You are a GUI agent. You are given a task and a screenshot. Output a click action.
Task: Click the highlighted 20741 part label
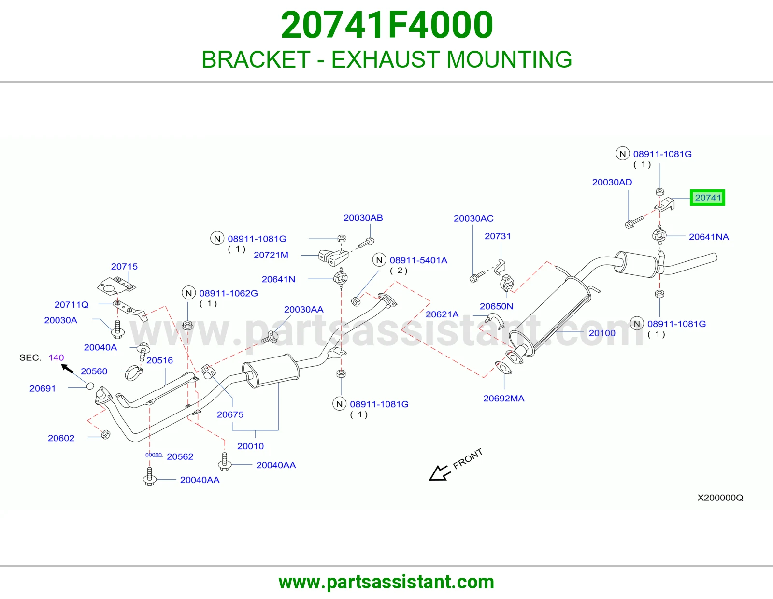[x=707, y=198]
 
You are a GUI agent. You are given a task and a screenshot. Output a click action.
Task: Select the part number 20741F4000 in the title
[x=386, y=25]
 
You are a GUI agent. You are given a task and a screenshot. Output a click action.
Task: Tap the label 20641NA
[x=709, y=237]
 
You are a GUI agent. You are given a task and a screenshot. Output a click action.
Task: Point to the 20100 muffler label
[x=602, y=333]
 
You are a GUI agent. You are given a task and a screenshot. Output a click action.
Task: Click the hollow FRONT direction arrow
[x=439, y=473]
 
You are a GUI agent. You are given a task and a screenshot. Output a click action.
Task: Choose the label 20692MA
[x=504, y=399]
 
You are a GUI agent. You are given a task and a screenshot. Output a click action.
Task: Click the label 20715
[x=124, y=267]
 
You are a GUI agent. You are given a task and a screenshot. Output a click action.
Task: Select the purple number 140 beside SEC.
[x=56, y=357]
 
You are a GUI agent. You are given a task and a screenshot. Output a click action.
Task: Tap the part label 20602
[x=61, y=438]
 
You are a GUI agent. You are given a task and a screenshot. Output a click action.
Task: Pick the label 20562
[x=180, y=456]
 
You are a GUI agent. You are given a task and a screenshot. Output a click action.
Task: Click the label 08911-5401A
[x=418, y=260]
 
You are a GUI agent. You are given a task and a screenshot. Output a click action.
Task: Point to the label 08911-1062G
[x=229, y=293]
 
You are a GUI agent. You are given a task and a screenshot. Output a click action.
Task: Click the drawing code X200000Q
[x=720, y=498]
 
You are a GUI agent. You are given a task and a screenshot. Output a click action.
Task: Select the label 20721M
[x=271, y=255]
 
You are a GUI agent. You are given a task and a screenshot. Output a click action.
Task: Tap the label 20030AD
[x=612, y=182]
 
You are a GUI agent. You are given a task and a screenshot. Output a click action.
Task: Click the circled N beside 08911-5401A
[x=379, y=260]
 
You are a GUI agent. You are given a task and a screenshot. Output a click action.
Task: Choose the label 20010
[x=250, y=446]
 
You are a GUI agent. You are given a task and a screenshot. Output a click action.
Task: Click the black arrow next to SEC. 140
[x=67, y=369]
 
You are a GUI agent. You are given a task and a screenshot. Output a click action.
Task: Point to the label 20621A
[x=442, y=314]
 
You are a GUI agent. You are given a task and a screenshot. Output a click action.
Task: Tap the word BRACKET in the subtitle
[x=256, y=59]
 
